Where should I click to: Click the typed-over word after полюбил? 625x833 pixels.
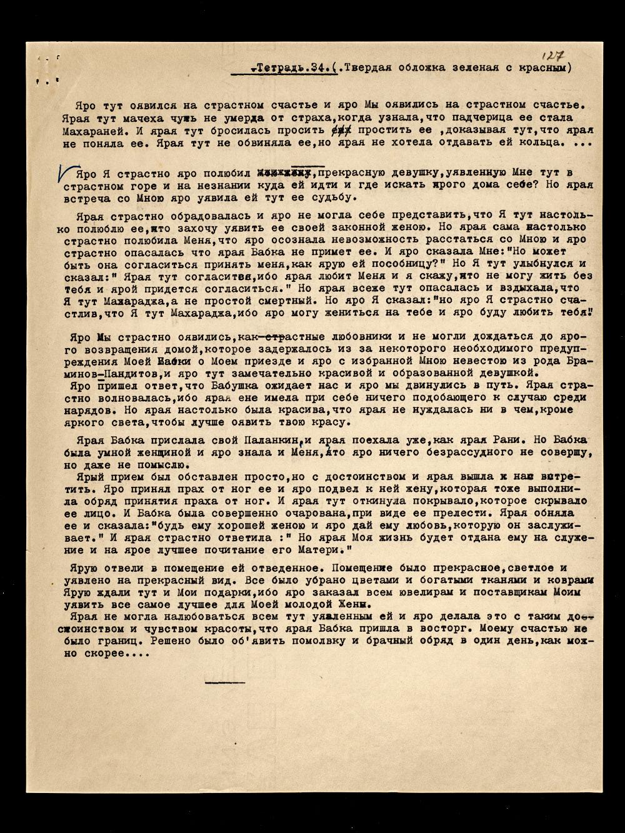click(284, 172)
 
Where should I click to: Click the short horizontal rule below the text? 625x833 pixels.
click(224, 682)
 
